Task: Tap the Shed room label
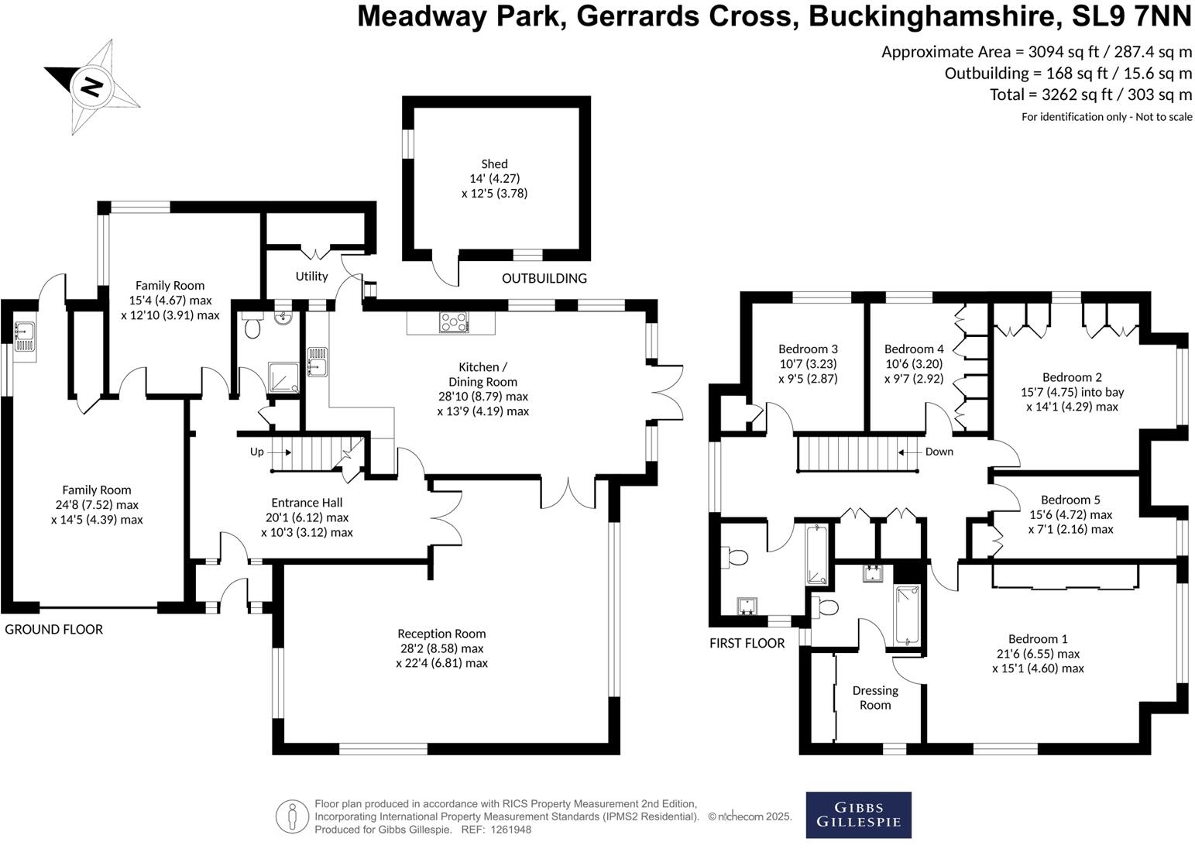click(494, 163)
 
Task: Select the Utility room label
click(311, 276)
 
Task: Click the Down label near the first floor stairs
click(939, 452)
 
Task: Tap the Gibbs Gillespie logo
click(858, 815)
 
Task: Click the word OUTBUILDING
click(544, 278)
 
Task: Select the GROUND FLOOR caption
click(53, 629)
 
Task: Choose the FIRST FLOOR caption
click(747, 643)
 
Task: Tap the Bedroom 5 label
click(1070, 500)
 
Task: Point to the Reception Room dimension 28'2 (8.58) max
click(441, 648)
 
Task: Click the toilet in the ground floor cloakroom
click(251, 328)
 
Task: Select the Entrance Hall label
click(307, 503)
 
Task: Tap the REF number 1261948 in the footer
click(507, 830)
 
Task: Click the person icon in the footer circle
click(291, 816)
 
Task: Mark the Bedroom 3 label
click(808, 349)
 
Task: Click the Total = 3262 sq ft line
click(1090, 95)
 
